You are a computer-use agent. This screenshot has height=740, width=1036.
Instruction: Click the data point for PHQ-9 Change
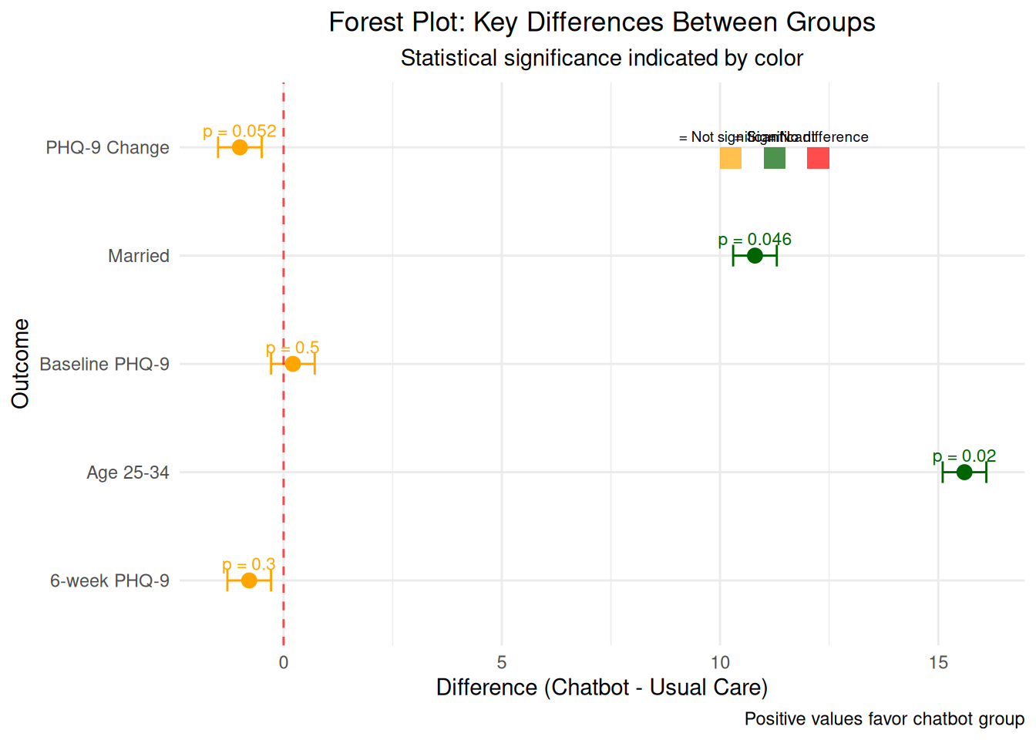pos(240,147)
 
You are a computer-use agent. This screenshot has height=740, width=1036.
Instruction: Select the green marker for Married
pos(755,256)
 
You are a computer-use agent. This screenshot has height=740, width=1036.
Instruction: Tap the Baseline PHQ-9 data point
pos(293,364)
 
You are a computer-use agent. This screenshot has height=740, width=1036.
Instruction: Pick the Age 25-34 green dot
pos(964,473)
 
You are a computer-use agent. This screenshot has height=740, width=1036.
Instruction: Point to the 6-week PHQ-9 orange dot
pos(249,580)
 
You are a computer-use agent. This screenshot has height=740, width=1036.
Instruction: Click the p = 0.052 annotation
pos(240,132)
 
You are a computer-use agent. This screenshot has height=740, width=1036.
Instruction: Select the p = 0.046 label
pos(755,240)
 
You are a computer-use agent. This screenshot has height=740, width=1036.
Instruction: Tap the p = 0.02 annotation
pos(964,456)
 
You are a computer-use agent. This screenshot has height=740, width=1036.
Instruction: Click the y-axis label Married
pos(139,256)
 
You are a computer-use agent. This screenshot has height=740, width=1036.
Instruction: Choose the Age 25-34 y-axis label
pos(128,473)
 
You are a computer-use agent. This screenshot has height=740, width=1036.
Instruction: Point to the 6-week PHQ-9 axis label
pos(109,580)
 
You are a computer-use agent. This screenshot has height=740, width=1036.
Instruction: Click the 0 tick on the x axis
pos(284,662)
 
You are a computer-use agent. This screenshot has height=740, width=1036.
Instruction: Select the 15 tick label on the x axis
pos(938,662)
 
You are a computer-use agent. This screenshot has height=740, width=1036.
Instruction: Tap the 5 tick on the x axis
pos(502,662)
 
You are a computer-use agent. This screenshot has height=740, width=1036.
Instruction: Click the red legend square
pos(818,158)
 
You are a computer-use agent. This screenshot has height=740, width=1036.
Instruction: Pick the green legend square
pos(775,158)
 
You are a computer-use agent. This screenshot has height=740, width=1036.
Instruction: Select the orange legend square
pos(731,158)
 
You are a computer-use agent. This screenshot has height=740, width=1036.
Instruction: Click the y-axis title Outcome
pos(21,363)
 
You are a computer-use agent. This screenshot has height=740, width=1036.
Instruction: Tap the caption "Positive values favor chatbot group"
pos(884,719)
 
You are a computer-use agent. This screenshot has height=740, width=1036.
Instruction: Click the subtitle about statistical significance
pos(602,59)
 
